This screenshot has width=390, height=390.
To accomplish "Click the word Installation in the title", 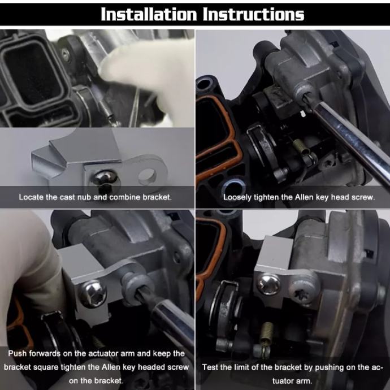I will (x=149, y=14).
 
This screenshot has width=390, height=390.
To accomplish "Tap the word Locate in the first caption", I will (x=32, y=197).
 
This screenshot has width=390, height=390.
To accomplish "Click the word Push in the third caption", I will (x=18, y=353).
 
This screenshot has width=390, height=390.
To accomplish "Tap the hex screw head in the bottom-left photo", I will (x=93, y=293).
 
